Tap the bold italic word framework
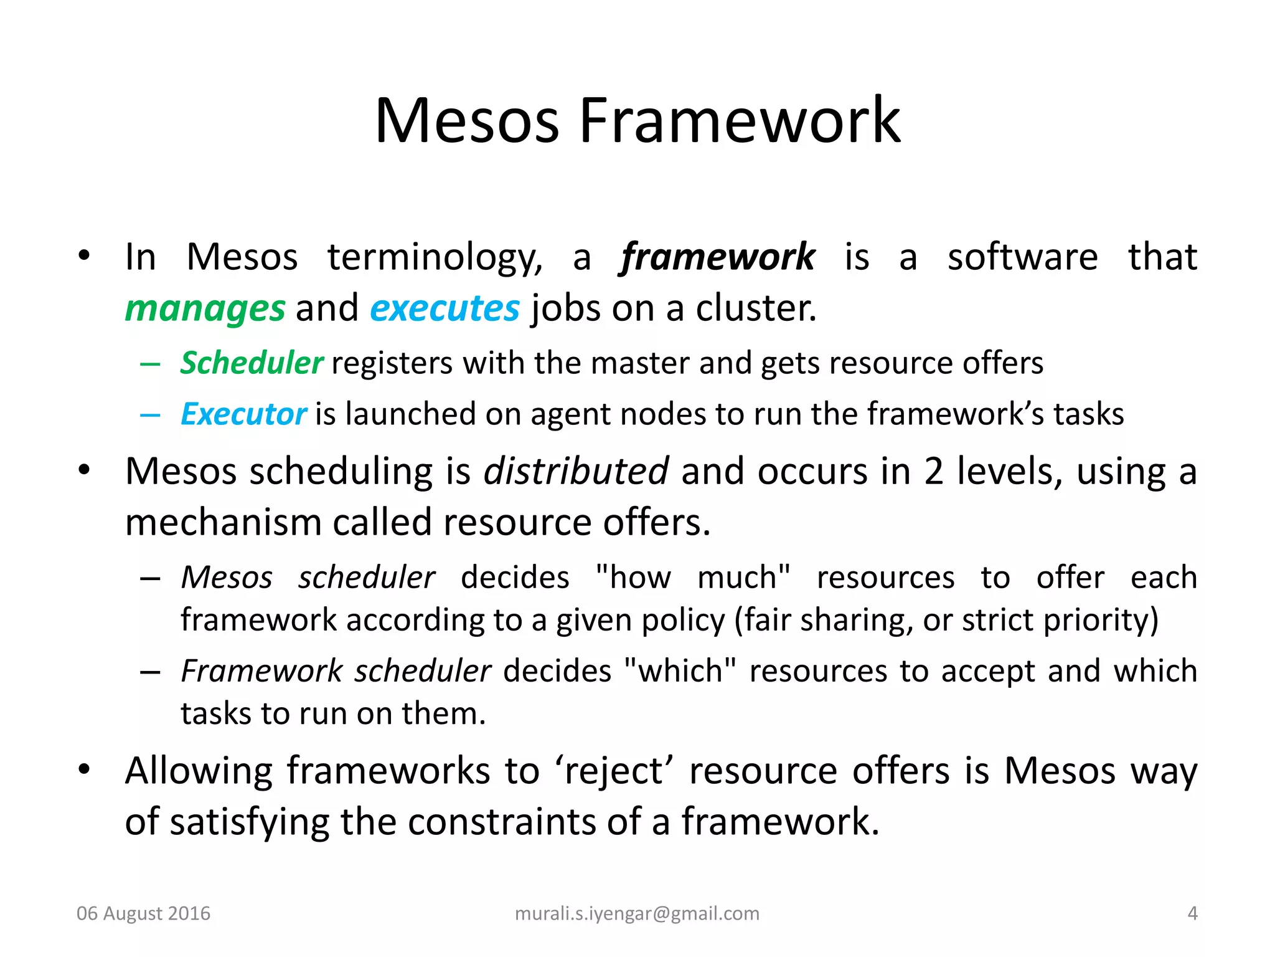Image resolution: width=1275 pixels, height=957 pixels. click(x=717, y=257)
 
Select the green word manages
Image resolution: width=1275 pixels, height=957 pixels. click(x=205, y=308)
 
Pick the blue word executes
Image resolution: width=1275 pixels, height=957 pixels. click(x=445, y=308)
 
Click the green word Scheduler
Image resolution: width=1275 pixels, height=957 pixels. click(x=252, y=363)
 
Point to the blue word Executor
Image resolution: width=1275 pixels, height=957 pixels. click(x=243, y=414)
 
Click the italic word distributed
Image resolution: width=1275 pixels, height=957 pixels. click(x=576, y=471)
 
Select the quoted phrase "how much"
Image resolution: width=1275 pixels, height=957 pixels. click(x=692, y=578)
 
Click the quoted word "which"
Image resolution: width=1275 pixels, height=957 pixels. click(x=680, y=672)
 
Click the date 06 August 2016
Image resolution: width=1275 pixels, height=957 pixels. click(x=143, y=913)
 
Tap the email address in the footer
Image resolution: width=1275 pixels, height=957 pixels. click(x=637, y=913)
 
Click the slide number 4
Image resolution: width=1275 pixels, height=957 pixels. click(x=1192, y=913)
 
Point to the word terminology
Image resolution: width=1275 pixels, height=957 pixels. click(x=435, y=257)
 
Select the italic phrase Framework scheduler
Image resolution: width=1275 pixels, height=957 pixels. click(x=336, y=672)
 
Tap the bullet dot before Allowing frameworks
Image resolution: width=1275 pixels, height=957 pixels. click(x=85, y=770)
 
